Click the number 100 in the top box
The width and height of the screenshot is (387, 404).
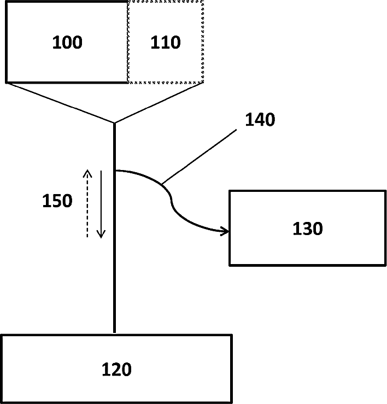(67, 43)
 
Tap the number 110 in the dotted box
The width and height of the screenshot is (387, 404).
(165, 43)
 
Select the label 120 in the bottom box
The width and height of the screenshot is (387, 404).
(116, 370)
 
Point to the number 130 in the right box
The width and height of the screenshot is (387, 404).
(307, 228)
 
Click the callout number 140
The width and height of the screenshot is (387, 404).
(260, 120)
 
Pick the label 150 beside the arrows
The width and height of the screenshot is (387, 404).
(57, 201)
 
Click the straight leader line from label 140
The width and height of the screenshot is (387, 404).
(200, 156)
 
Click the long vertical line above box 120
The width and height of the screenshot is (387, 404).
(114, 262)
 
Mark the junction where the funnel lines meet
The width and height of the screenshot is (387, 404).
(114, 123)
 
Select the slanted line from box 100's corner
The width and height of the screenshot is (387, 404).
(60, 103)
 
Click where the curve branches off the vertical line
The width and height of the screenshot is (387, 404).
(115, 171)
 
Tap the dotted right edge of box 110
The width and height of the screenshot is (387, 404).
(203, 42)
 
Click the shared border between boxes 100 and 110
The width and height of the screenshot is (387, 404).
(127, 42)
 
